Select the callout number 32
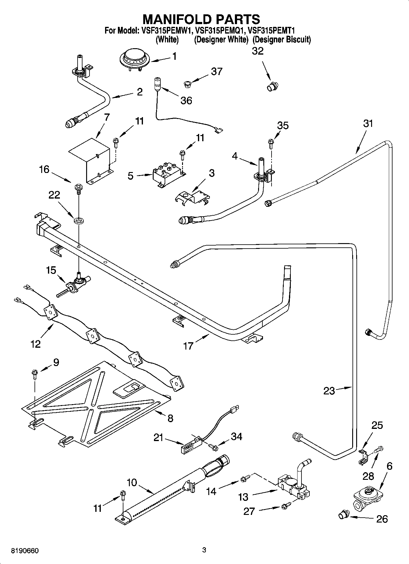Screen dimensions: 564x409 (257, 51)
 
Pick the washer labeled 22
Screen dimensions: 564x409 (79, 220)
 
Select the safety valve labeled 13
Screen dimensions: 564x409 (293, 488)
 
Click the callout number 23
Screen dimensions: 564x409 (329, 391)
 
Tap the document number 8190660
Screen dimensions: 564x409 (25, 551)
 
